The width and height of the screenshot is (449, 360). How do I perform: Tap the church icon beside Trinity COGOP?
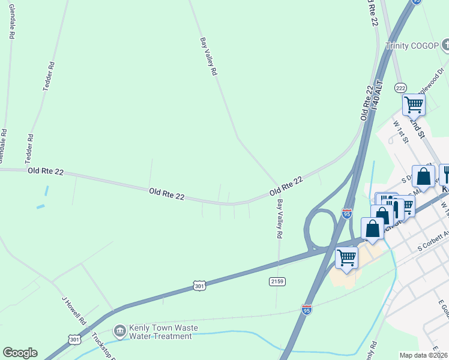coord(445,44)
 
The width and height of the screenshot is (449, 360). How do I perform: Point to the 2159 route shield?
coord(277,281)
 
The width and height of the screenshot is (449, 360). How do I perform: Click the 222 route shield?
coord(400,88)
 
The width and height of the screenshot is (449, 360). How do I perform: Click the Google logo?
coord(20,353)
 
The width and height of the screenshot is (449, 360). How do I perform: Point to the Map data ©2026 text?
coord(423,355)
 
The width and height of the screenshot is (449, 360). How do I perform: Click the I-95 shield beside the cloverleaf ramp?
coord(346,213)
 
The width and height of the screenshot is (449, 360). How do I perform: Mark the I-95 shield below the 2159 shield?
coord(307,309)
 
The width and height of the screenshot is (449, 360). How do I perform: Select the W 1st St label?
coord(401,131)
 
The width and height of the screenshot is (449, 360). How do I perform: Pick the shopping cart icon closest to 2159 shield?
coord(346,257)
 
